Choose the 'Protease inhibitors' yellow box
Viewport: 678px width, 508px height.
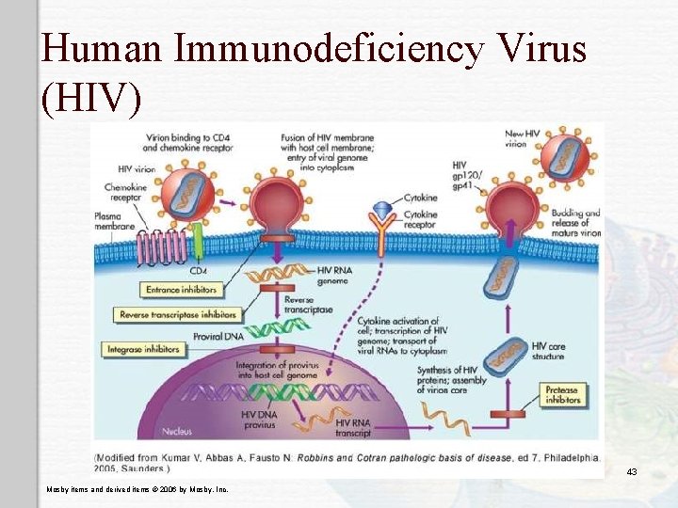pyautogui.click(x=561, y=394)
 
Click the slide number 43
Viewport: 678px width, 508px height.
pyautogui.click(x=632, y=471)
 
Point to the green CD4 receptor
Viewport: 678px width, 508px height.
pyautogui.click(x=199, y=234)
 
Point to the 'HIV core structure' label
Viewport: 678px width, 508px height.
pyautogui.click(x=543, y=351)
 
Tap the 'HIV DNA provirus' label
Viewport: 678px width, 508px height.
pyautogui.click(x=261, y=420)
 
